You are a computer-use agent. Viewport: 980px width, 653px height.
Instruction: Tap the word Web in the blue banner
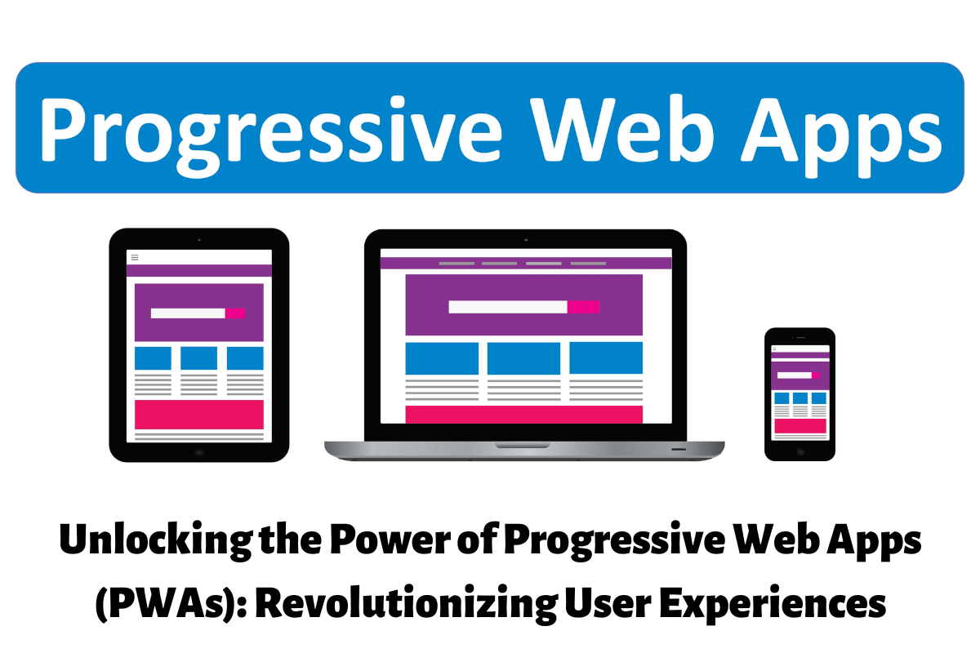point(622,129)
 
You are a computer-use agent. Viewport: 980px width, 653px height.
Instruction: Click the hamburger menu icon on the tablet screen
point(135,257)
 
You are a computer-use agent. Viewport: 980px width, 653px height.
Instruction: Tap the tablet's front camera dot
point(199,240)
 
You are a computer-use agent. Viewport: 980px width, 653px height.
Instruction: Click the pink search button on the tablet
point(235,313)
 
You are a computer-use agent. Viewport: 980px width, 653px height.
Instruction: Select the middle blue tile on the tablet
point(198,358)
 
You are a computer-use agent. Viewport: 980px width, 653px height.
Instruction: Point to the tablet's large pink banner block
point(199,414)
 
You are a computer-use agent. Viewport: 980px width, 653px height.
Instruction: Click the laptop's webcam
point(526,240)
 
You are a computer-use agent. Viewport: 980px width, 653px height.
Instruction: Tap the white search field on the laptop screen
point(508,307)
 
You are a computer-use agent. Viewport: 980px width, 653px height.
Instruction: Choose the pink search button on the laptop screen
point(583,307)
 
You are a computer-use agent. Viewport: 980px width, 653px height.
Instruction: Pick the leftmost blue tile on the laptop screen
point(442,358)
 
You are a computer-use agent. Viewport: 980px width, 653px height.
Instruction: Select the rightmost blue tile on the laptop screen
point(606,358)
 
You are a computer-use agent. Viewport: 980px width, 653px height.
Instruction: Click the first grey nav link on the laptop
point(457,264)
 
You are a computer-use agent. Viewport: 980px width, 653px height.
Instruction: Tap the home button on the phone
point(800,452)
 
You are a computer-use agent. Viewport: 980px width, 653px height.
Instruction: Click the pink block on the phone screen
point(800,426)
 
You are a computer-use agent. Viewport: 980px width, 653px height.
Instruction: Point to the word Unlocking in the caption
point(156,541)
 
